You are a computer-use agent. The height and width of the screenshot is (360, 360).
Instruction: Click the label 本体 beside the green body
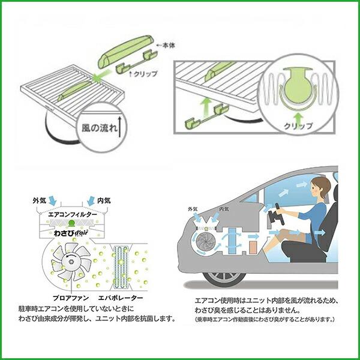pyautogui.click(x=169, y=46)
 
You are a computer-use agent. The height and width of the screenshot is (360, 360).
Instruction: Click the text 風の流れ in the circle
pyautogui.click(x=100, y=128)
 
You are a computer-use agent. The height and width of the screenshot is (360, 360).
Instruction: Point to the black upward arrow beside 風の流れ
pyautogui.click(x=119, y=127)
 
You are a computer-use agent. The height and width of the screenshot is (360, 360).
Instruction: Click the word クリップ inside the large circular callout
pyautogui.click(x=298, y=126)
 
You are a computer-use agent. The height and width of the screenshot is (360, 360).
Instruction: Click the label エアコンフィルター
pyautogui.click(x=73, y=214)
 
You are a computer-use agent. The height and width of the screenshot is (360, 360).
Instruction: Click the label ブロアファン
pyautogui.click(x=71, y=298)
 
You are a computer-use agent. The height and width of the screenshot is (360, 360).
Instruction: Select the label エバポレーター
pyautogui.click(x=121, y=298)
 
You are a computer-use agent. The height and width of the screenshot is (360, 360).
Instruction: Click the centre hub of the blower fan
pyautogui.click(x=71, y=261)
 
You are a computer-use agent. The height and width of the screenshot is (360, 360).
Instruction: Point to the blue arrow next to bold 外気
pyautogui.click(x=52, y=200)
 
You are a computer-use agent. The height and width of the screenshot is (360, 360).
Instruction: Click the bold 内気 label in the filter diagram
pyautogui.click(x=104, y=200)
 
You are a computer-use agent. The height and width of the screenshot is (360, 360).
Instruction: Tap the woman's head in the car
pyautogui.click(x=320, y=187)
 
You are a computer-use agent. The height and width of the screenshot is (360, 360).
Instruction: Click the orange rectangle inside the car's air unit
pyautogui.click(x=253, y=247)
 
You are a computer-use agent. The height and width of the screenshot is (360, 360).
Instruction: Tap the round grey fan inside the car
pyautogui.click(x=206, y=242)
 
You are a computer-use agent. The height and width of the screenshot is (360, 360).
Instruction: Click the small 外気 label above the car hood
pyautogui.click(x=193, y=209)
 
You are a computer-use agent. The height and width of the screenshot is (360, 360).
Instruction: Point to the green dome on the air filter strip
pyautogui.click(x=71, y=222)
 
